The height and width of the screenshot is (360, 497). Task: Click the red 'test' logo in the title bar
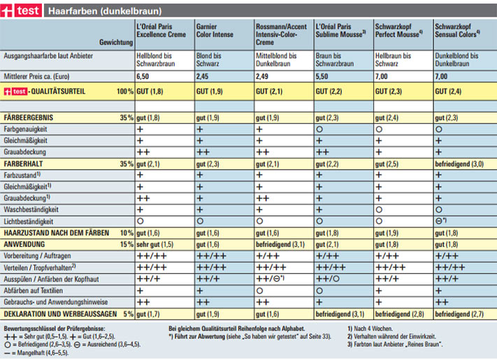point(21,10)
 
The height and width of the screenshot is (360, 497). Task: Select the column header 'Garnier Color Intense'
point(215,31)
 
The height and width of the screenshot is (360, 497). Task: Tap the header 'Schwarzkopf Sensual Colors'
point(457,31)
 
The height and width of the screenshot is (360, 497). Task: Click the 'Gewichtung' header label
point(116,42)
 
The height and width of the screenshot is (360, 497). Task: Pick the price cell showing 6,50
point(143,76)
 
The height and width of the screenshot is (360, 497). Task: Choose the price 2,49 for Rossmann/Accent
point(262,76)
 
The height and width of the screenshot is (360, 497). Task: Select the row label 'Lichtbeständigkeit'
point(29,222)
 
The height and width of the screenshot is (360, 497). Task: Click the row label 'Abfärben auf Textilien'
point(34,291)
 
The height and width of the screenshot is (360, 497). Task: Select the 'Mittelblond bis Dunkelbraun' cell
point(276,59)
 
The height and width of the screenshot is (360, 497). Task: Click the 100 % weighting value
point(125,92)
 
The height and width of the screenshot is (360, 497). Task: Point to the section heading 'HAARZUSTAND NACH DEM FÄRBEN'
point(57,233)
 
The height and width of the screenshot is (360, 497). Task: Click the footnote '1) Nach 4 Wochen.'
point(370,329)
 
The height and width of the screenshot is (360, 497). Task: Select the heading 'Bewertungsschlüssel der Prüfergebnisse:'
point(55,329)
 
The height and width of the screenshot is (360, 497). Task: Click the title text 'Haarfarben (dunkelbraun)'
point(105,11)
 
